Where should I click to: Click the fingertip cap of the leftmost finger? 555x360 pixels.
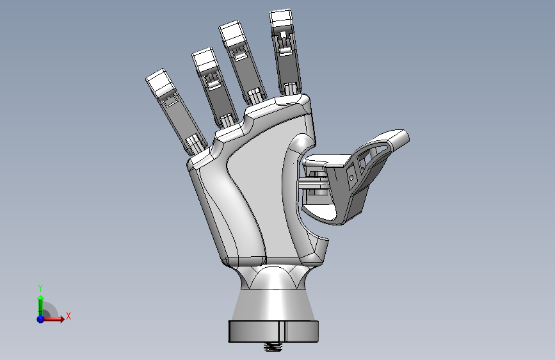pyautogui.click(x=159, y=82)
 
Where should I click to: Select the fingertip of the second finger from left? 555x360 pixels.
pyautogui.click(x=205, y=60)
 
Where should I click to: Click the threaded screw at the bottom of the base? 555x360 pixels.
pyautogui.click(x=274, y=347)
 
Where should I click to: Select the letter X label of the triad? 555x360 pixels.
pyautogui.click(x=68, y=316)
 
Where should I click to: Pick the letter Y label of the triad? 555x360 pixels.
pyautogui.click(x=40, y=288)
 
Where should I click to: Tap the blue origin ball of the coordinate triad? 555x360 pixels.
pyautogui.click(x=40, y=318)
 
